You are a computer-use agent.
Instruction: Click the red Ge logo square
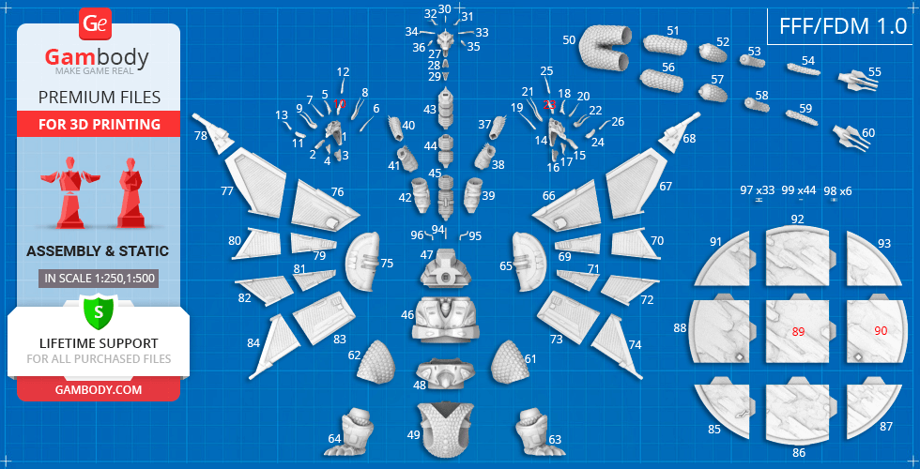tap(94, 23)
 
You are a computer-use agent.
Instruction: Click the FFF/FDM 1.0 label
tap(843, 27)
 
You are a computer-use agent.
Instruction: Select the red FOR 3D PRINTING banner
tap(99, 124)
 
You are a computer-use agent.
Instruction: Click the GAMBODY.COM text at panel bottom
tap(99, 390)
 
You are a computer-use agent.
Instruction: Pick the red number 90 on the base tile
tap(881, 330)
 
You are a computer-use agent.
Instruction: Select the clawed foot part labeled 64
tap(351, 432)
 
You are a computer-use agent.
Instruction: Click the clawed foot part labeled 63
tap(536, 432)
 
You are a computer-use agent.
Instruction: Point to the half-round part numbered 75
tap(363, 262)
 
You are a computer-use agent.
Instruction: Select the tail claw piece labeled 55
tap(858, 81)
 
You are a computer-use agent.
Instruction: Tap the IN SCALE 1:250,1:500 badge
tap(100, 279)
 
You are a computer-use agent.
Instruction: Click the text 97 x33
tap(758, 190)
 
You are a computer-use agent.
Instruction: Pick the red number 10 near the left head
tap(340, 104)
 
